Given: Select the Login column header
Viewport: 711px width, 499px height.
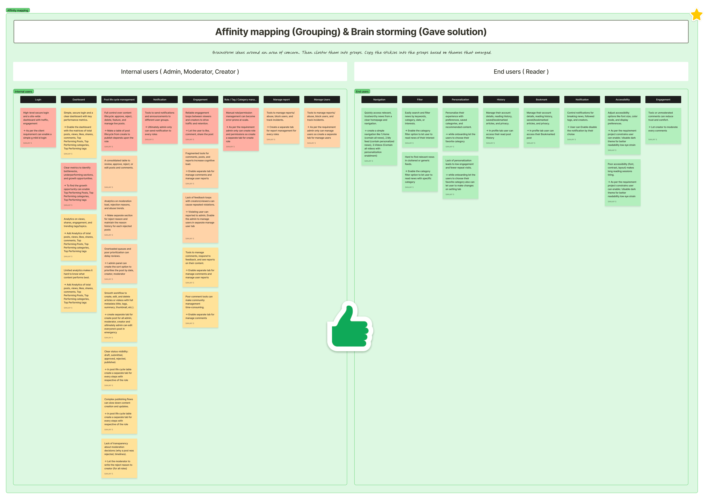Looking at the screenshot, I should point(38,99).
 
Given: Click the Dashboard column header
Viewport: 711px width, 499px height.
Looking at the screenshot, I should point(79,99).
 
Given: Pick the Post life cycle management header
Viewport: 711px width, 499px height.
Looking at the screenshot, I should point(119,99).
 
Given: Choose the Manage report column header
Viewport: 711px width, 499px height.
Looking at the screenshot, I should point(281,99).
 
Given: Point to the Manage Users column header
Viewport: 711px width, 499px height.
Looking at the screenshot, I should point(322,99).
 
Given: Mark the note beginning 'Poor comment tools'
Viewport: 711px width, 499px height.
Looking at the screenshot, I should point(200,309).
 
